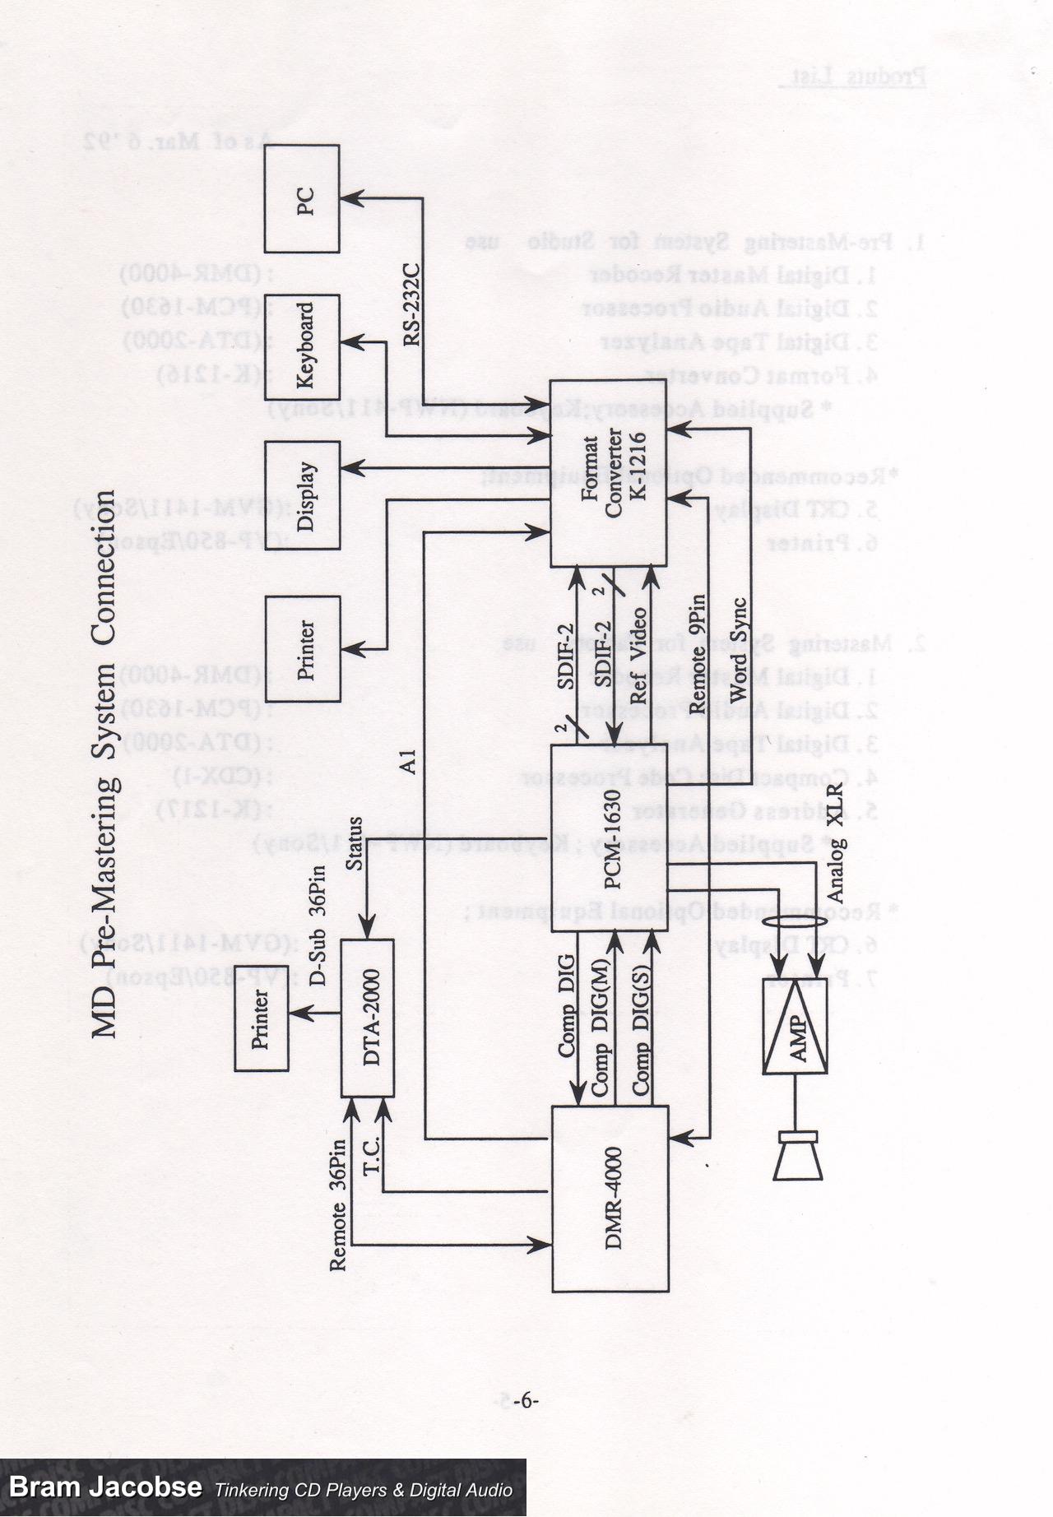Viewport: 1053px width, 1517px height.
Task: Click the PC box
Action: [302, 199]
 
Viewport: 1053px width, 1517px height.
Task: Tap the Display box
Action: [302, 495]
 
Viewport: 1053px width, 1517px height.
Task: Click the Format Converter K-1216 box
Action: [608, 473]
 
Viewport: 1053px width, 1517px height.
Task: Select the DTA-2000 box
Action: [368, 1018]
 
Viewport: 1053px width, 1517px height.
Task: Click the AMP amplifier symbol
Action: [796, 1026]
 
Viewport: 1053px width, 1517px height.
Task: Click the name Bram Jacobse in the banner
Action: [105, 1487]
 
